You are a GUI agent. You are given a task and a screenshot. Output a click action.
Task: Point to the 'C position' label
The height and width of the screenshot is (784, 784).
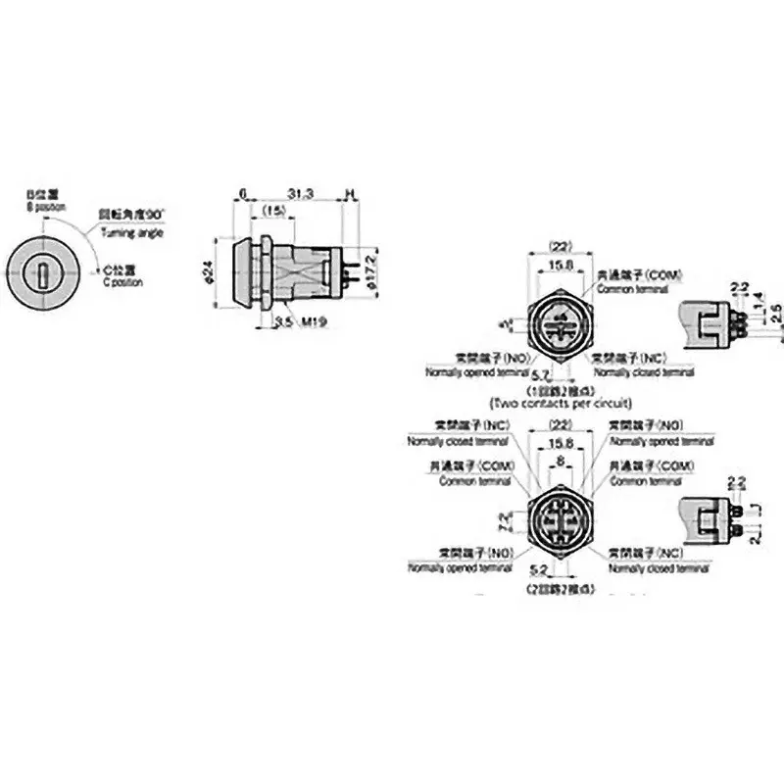point(123,282)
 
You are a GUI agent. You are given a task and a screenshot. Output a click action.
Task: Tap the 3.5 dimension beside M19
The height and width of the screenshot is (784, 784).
point(283,320)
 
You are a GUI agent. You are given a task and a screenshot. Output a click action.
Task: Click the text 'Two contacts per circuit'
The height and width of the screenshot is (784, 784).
point(561,403)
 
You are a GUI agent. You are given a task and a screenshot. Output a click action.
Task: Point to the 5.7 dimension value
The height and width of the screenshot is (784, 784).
point(538,375)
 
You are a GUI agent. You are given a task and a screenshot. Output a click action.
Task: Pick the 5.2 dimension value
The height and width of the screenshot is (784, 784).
point(538,569)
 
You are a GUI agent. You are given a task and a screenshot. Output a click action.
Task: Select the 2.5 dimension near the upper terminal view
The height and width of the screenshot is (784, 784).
point(776,311)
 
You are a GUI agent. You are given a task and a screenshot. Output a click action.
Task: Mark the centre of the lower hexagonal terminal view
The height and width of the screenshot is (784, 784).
point(561,518)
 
